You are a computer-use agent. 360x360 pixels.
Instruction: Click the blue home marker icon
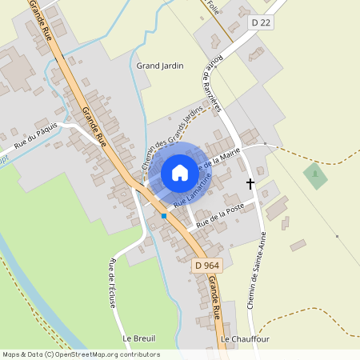coord(180,172)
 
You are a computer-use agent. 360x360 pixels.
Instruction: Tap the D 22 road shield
coord(261,22)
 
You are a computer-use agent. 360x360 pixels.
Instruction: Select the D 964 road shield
coord(206,264)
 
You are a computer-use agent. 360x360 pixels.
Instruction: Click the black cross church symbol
coord(250,183)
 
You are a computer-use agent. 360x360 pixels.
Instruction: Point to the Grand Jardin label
coord(160,66)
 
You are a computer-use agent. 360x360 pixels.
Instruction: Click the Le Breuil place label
coord(138,338)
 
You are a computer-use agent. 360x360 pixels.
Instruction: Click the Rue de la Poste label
coord(219,211)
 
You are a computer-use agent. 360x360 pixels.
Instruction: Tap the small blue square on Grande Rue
coord(164,216)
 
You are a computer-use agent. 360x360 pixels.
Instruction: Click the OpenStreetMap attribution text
coord(80,354)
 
